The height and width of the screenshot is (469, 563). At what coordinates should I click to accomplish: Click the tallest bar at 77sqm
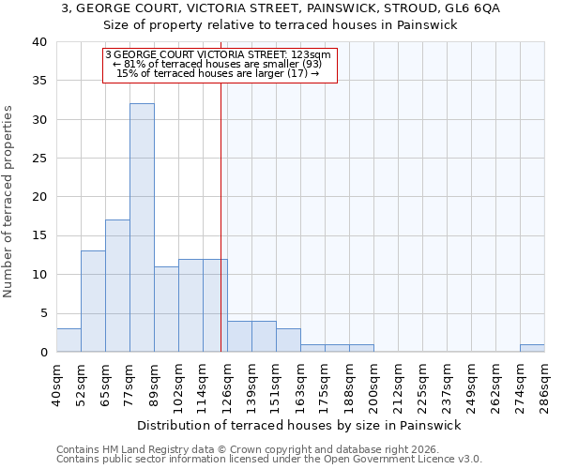[x=142, y=228]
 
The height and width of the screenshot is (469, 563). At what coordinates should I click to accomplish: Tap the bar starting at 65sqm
[x=117, y=286]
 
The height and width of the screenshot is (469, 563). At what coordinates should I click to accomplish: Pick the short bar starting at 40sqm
[x=68, y=340]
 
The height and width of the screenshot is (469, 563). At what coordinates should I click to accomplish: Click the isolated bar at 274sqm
[x=532, y=348]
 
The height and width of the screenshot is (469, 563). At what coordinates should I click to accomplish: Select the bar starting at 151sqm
[x=288, y=340]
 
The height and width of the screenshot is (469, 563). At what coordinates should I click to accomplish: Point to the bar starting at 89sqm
[x=166, y=310]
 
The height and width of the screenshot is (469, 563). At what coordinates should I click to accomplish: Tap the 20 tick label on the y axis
[x=39, y=197]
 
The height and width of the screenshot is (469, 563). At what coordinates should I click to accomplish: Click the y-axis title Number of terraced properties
[x=8, y=201]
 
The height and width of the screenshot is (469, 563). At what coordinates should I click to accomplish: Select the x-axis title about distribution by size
[x=299, y=425]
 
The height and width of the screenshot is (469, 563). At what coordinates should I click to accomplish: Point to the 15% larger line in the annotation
[x=218, y=73]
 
